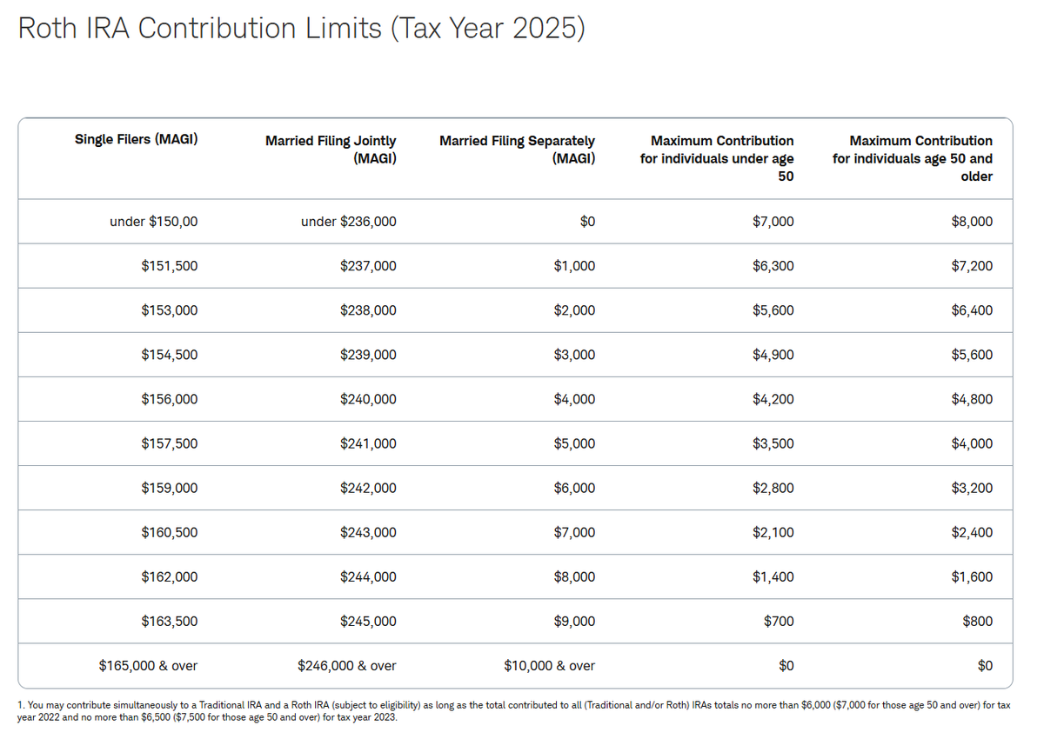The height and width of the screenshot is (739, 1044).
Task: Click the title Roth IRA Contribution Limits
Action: point(300,28)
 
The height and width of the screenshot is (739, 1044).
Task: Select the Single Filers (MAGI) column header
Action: point(136,139)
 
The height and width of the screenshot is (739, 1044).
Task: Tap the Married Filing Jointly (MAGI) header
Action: point(331,150)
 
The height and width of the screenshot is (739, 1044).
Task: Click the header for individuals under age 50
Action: point(717,158)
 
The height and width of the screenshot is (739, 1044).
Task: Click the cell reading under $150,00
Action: point(154,222)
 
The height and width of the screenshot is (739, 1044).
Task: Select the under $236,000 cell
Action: point(348,222)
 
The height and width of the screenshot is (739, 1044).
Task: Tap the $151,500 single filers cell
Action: point(169,266)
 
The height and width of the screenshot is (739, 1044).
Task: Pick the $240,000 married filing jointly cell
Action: point(368,399)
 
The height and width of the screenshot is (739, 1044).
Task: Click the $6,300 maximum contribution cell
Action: point(773,266)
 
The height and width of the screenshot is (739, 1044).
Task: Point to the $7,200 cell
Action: point(972,266)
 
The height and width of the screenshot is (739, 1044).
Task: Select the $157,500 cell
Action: point(169,443)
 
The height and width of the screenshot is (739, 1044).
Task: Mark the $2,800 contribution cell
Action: point(773,488)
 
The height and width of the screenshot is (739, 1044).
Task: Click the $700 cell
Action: point(780,621)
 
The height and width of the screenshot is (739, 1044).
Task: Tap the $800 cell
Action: point(978,621)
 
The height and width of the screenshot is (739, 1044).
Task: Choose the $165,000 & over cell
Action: point(148,666)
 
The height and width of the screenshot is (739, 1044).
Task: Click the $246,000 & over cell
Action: point(346,666)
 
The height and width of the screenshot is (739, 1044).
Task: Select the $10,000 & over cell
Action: point(549,666)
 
